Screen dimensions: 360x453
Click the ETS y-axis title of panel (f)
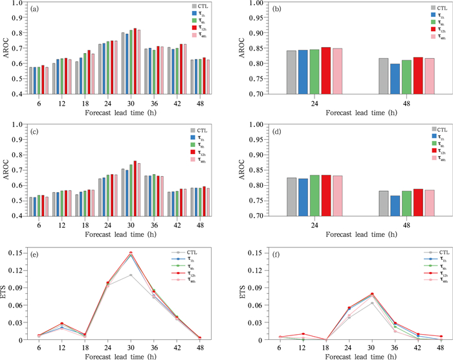coord(241,296)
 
